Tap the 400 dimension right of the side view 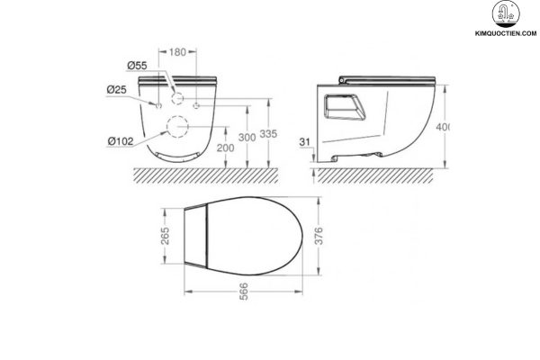444,126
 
